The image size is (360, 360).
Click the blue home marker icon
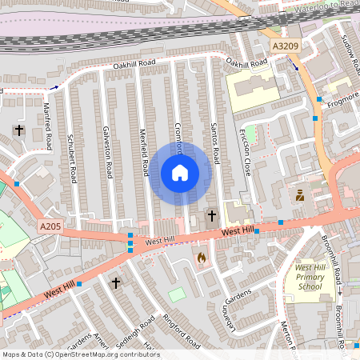180,173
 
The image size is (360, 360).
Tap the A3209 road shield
286,46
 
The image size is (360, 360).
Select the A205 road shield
50,227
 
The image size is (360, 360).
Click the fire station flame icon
201,258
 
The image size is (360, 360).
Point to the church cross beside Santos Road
212,215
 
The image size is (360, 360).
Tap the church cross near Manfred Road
19,130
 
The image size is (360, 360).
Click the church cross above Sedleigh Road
116,282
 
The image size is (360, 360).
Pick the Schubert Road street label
72,156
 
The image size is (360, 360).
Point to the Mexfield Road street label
145,152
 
